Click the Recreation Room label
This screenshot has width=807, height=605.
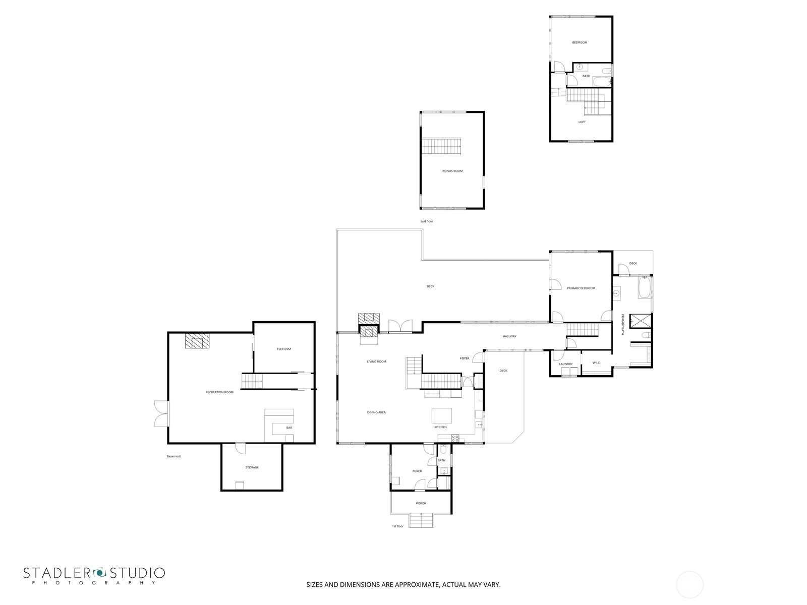pyautogui.click(x=219, y=392)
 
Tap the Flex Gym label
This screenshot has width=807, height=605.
pyautogui.click(x=284, y=349)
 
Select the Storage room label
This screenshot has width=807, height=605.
pyautogui.click(x=252, y=468)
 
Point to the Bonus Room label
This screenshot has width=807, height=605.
pyautogui.click(x=452, y=171)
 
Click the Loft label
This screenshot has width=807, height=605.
pyautogui.click(x=582, y=122)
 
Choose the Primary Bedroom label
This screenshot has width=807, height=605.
pyautogui.click(x=581, y=288)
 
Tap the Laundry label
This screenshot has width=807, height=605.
pyautogui.click(x=566, y=364)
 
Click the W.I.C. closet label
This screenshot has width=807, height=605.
pyautogui.click(x=596, y=363)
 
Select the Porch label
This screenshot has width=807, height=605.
pyautogui.click(x=421, y=504)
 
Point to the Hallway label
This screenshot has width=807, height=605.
pyautogui.click(x=509, y=336)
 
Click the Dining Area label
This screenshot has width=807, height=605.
pyautogui.click(x=376, y=412)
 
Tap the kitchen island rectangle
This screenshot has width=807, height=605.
pyautogui.click(x=442, y=416)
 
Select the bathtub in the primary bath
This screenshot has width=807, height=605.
pyautogui.click(x=644, y=288)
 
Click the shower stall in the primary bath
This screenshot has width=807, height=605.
pyautogui.click(x=641, y=321)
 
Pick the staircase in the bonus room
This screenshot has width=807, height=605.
pyautogui.click(x=441, y=146)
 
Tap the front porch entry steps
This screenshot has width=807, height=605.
pyautogui.click(x=421, y=520)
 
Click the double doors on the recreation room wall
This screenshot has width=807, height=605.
pyautogui.click(x=161, y=413)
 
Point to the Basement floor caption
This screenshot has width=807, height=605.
pyautogui.click(x=174, y=457)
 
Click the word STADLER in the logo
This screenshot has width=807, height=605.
pyautogui.click(x=59, y=573)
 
